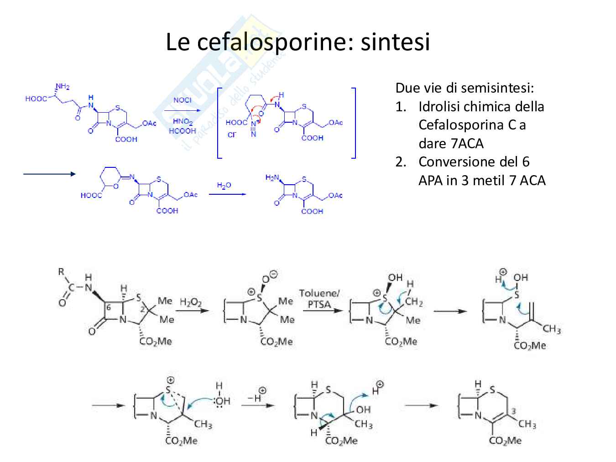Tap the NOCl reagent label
(182, 100)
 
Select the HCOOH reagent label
(182, 131)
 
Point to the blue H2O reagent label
(224, 185)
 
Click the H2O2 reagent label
(190, 302)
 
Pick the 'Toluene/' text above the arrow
(319, 293)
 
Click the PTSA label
(319, 304)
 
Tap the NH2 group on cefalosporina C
(63, 87)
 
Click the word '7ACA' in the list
(467, 143)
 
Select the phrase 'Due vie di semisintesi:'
(465, 88)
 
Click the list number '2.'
(401, 162)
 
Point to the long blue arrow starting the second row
(49, 174)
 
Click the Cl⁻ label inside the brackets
(232, 135)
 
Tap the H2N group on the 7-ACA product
(272, 177)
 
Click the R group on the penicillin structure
(61, 272)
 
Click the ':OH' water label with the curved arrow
(222, 401)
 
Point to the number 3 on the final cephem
(513, 411)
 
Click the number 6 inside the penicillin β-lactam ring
(108, 307)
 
